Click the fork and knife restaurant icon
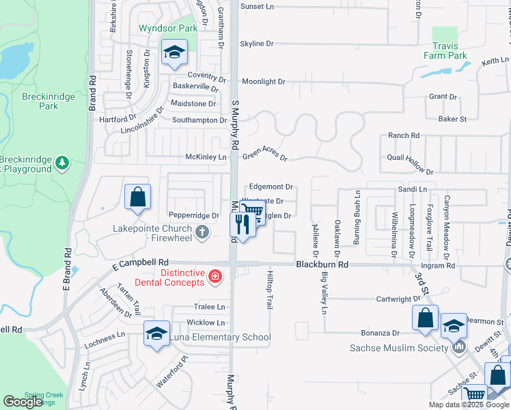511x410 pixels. [243, 223]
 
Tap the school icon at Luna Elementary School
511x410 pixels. [156, 334]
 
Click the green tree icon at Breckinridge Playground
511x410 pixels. [62, 162]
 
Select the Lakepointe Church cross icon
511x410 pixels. [202, 233]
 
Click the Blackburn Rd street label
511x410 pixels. [322, 264]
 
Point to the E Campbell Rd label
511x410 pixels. [136, 262]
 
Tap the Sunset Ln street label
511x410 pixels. [256, 6]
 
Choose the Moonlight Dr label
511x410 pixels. [263, 81]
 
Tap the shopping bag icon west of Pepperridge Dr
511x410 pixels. [137, 197]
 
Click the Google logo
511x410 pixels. [23, 402]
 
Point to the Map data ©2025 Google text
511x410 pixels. [468, 405]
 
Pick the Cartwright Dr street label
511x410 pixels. [398, 299]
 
